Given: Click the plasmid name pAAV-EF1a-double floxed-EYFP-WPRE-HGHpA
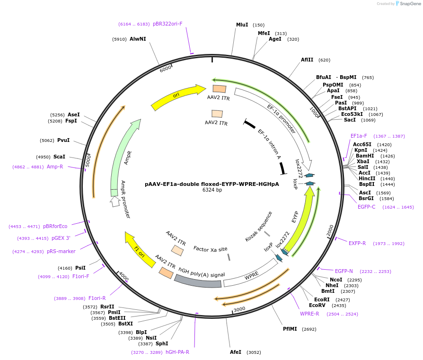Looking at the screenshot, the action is click(211, 184).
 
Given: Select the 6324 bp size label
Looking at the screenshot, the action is click(212, 190).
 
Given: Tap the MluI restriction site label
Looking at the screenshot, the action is click(242, 25).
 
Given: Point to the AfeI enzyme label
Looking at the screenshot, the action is click(235, 352).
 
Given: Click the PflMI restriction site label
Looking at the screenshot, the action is click(290, 329).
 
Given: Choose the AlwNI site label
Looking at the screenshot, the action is click(138, 39).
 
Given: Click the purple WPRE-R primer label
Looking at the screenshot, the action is click(309, 314).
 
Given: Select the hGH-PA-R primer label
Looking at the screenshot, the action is click(177, 352).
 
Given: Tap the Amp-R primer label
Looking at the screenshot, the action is click(55, 167).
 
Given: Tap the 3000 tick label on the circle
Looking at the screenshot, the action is click(239, 309).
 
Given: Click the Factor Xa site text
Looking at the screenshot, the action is click(210, 249).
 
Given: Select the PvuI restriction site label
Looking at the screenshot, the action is click(63, 140).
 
